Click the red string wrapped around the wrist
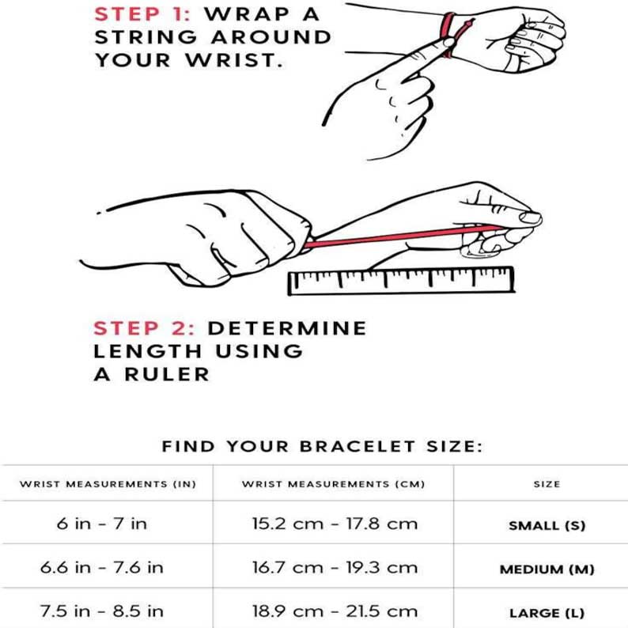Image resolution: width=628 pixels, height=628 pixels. point(450,36)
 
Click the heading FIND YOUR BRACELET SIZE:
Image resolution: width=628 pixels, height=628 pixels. point(322,447)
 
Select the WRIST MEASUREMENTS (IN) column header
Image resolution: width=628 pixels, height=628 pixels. point(107,483)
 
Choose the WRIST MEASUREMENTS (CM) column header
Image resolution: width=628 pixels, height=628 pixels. point(333,483)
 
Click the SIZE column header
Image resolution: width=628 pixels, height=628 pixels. point(547,483)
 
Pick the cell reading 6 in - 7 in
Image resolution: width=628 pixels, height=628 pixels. point(101,524)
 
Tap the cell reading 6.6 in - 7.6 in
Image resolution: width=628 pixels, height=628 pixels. point(101,568)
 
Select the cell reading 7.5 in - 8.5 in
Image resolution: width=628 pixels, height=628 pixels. point(101,611)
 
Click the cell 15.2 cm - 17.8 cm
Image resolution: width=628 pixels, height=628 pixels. point(333,524)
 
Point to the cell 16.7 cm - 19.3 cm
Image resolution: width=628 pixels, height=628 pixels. point(333,568)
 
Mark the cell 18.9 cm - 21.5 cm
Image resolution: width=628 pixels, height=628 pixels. point(333,611)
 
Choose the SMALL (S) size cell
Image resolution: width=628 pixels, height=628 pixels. point(547,525)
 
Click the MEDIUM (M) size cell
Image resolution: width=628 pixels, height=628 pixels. point(547,569)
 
